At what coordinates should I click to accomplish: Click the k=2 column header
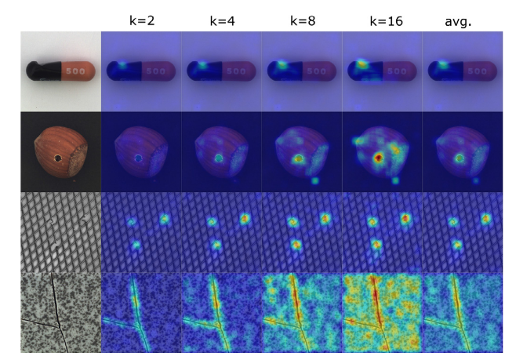(x=142, y=20)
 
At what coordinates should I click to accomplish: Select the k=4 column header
(x=222, y=20)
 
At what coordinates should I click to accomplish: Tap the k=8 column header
(x=303, y=20)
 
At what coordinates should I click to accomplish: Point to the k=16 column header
(x=386, y=20)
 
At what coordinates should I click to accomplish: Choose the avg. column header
(x=458, y=21)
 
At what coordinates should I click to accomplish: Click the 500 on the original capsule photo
(x=75, y=71)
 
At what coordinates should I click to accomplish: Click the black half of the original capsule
(x=44, y=71)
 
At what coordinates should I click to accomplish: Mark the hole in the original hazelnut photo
(x=58, y=158)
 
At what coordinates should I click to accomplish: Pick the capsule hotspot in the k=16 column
(x=362, y=64)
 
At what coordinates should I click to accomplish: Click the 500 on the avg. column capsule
(x=477, y=71)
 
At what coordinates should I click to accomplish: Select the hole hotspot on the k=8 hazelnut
(x=298, y=158)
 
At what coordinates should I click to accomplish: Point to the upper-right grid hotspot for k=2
(x=164, y=218)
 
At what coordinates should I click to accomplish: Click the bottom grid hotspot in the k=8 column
(x=296, y=245)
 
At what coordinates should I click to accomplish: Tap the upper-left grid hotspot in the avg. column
(x=452, y=222)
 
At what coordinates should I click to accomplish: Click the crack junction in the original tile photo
(x=60, y=326)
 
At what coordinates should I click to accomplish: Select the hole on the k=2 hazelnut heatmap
(x=138, y=158)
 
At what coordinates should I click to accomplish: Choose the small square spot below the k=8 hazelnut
(x=315, y=180)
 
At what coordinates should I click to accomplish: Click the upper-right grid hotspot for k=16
(x=405, y=218)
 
